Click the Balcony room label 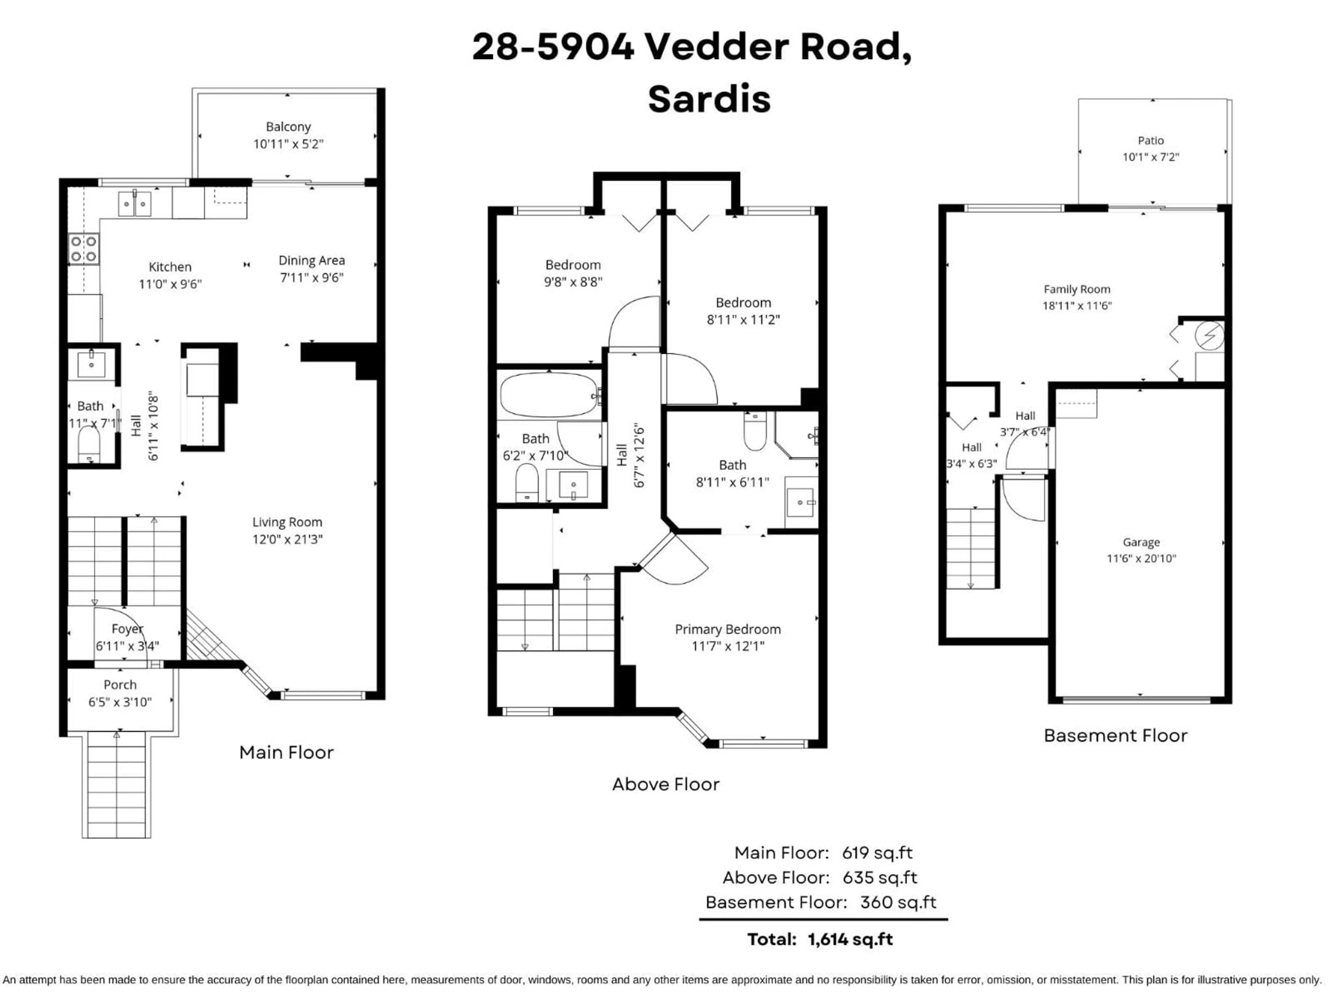[x=289, y=127]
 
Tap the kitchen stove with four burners [x=84, y=249]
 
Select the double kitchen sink [x=134, y=204]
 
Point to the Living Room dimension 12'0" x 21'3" [x=287, y=539]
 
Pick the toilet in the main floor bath [x=89, y=444]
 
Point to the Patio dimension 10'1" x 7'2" [x=1150, y=157]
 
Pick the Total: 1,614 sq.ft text [x=820, y=939]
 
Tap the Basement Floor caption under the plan [x=1115, y=736]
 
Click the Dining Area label [x=311, y=261]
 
